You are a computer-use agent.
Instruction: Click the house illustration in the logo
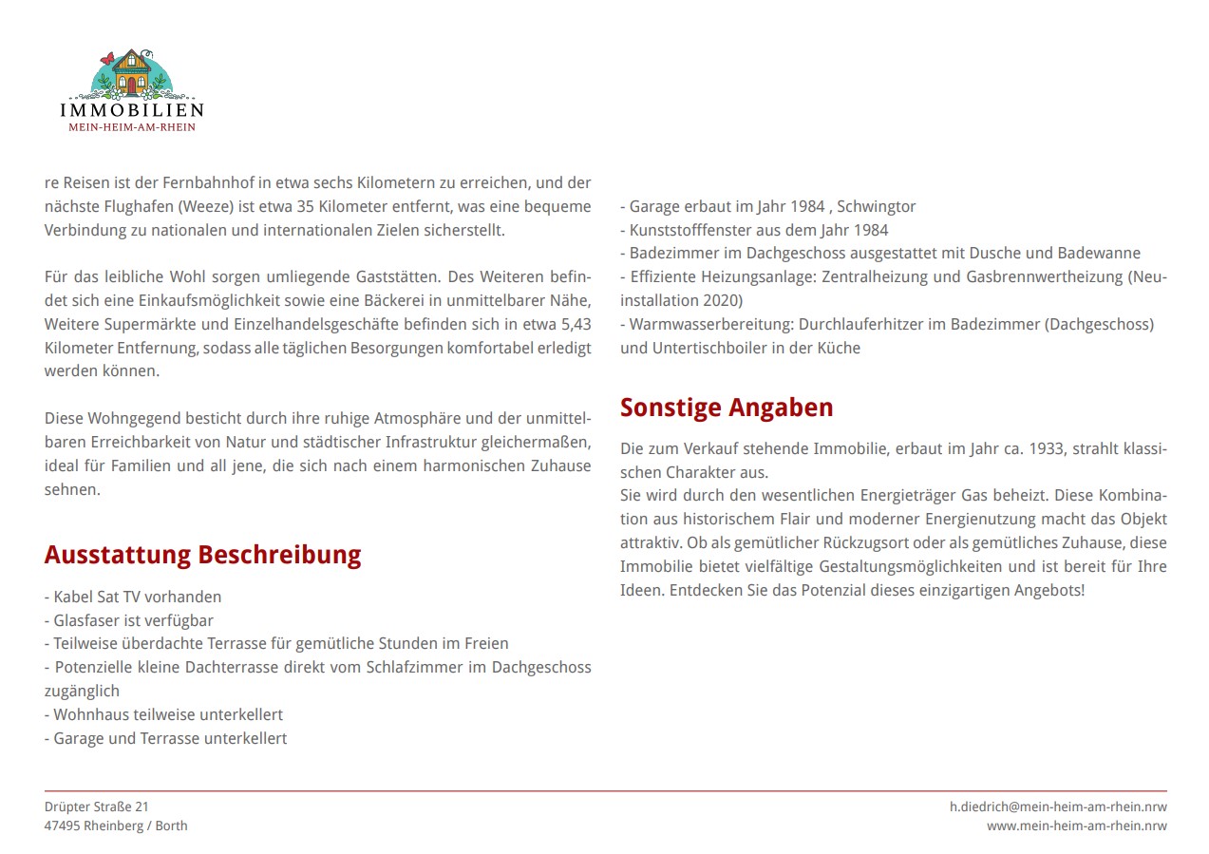[133, 72]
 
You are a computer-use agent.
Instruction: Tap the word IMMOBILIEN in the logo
[132, 110]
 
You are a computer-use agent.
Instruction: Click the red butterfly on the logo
[107, 59]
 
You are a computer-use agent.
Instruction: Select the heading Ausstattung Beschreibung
[202, 555]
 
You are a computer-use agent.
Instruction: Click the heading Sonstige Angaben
[727, 408]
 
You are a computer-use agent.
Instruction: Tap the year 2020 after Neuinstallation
[724, 300]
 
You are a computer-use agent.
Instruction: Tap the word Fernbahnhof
[207, 182]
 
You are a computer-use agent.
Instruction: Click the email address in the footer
[1058, 807]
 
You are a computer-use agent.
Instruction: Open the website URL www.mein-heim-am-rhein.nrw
[1076, 826]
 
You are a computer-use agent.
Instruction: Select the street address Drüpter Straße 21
[97, 807]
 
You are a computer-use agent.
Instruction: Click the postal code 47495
[63, 826]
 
